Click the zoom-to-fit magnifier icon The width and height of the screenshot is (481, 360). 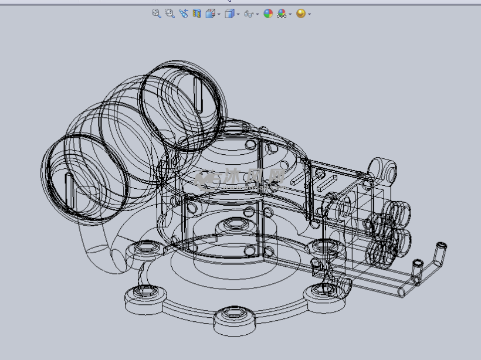coord(157,13)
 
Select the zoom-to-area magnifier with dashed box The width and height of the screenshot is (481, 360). coord(170,13)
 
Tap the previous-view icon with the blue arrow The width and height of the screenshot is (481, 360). coord(184,13)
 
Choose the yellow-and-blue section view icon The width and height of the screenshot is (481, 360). coord(197,13)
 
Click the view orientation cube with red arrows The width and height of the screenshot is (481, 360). coord(211,13)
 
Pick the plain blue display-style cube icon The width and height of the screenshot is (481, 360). coord(230,13)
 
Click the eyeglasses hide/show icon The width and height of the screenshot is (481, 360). coord(249,13)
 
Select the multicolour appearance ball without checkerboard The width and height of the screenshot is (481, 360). coord(268,13)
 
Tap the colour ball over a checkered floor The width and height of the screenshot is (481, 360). coord(282,13)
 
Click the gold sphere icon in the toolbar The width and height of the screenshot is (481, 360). coord(301,13)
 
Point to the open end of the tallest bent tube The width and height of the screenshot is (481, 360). coord(442,244)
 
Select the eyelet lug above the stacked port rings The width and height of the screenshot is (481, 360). coord(388,168)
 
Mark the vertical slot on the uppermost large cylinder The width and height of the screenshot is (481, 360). coord(197,94)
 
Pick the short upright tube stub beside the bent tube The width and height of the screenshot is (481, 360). coord(418,265)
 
